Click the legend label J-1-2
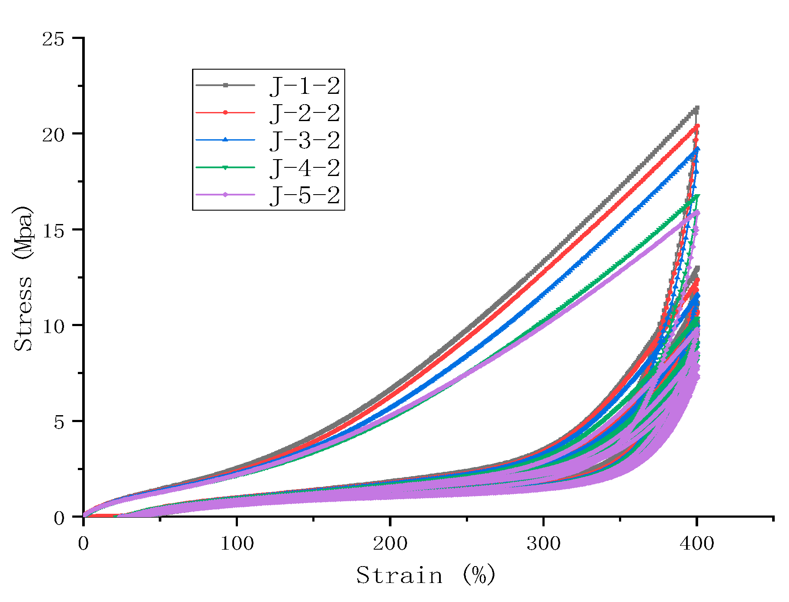coord(305,86)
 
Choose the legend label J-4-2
coord(305,168)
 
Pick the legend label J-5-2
coord(305,195)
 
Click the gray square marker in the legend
coord(225,85)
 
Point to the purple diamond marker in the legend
coord(225,195)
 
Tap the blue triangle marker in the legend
coord(225,140)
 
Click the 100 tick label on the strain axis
coord(237,543)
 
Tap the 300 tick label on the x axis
coord(543,543)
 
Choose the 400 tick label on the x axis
coord(696,543)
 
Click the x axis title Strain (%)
coord(426,575)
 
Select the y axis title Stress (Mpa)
coord(23,278)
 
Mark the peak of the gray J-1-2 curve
coord(696,108)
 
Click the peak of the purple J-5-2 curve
coord(697,212)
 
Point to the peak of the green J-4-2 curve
coord(697,196)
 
